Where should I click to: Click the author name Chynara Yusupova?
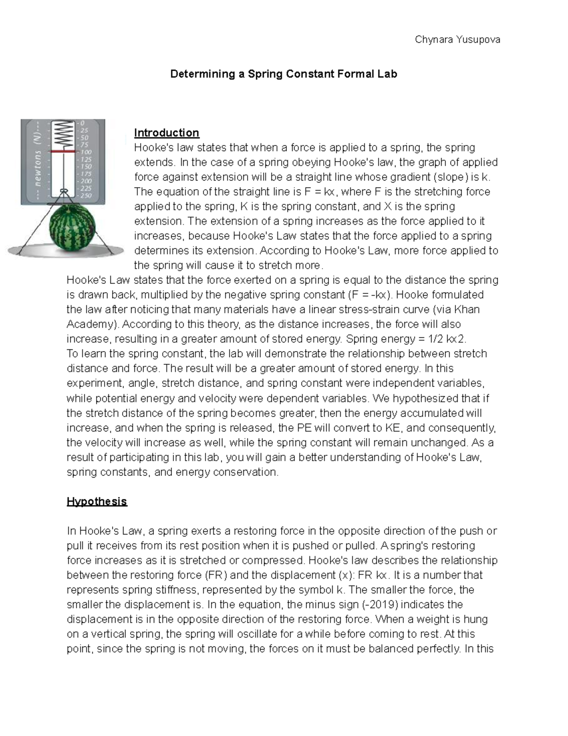(457, 40)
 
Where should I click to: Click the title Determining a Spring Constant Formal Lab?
(284, 74)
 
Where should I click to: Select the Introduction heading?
(166, 133)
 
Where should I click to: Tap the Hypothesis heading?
(97, 501)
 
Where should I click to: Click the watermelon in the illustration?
(72, 225)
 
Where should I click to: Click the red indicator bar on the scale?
(63, 151)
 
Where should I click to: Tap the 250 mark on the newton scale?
(86, 195)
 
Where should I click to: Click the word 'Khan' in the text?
(467, 309)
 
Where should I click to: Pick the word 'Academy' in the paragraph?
(90, 324)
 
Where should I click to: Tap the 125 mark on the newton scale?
(86, 160)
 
